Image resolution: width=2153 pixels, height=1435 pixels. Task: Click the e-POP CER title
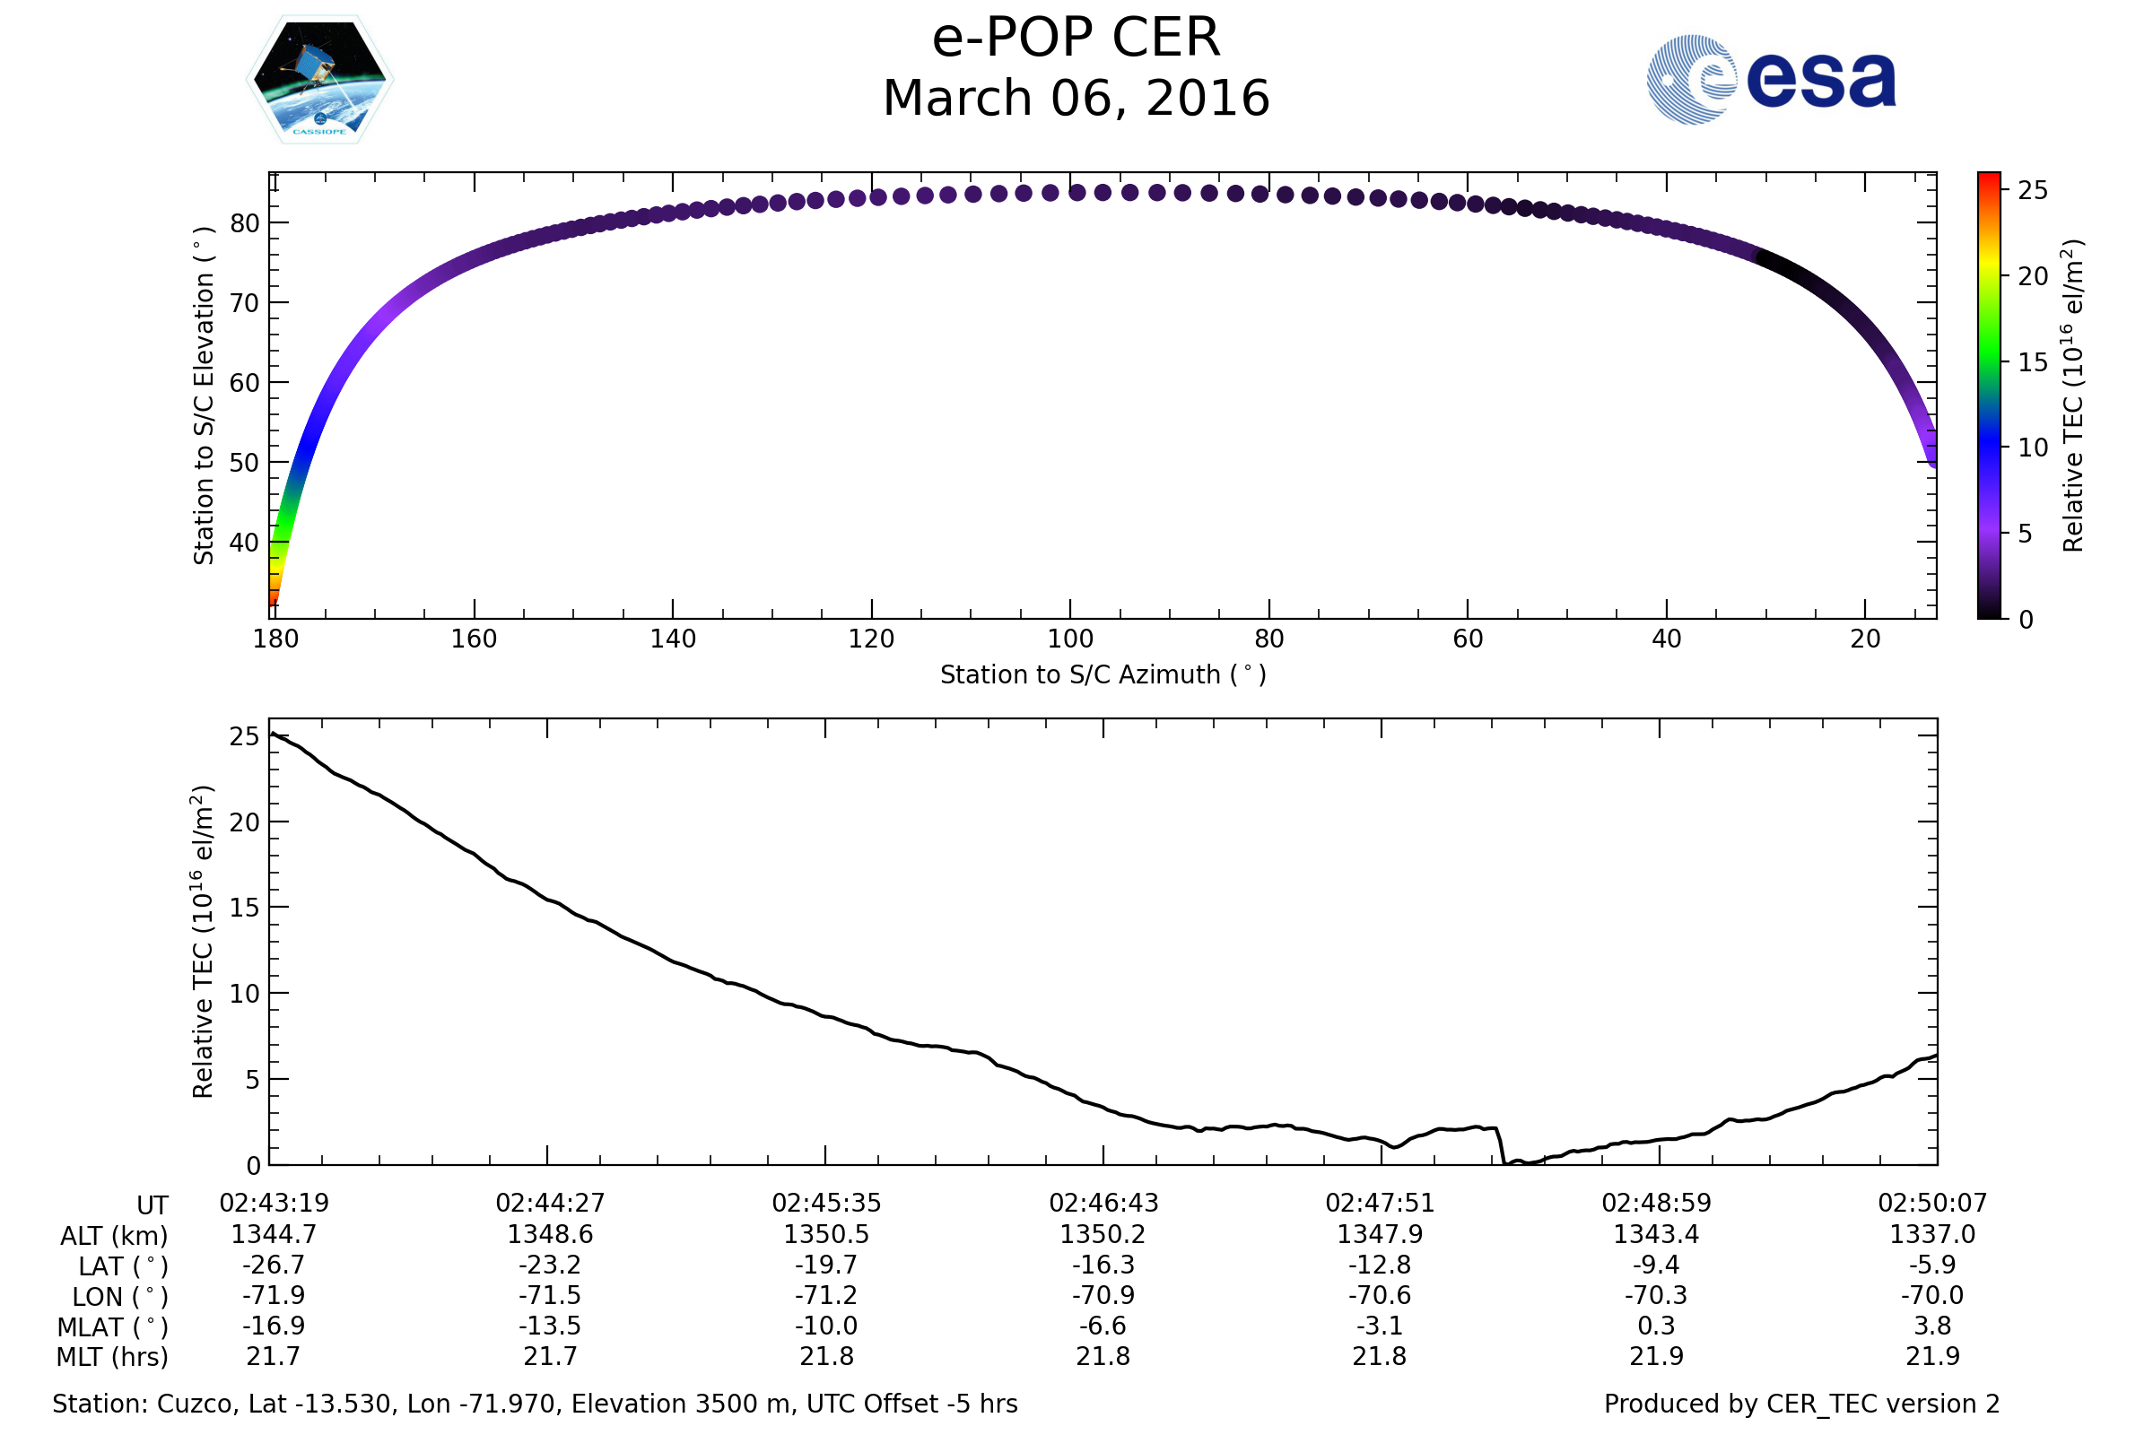tap(1076, 39)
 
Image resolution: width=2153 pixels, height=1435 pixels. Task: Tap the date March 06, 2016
tap(1076, 99)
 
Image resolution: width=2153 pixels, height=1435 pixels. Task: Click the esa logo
tap(1770, 80)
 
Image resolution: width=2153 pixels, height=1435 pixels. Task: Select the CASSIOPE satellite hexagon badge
tap(319, 80)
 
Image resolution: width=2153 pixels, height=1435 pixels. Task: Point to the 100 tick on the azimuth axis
tap(1069, 639)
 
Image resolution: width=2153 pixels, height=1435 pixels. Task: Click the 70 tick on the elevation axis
tap(244, 303)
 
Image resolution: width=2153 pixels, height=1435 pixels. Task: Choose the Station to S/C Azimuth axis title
tap(1103, 675)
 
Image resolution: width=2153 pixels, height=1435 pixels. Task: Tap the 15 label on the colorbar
tap(2033, 363)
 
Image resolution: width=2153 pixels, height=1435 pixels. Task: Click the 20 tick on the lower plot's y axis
tap(244, 822)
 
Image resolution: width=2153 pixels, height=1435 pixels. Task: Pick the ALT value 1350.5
tap(825, 1235)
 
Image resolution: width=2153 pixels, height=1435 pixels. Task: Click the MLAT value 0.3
tap(1656, 1326)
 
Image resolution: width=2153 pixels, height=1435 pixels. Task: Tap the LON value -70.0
tap(1932, 1296)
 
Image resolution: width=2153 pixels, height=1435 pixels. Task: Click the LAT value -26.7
tap(273, 1265)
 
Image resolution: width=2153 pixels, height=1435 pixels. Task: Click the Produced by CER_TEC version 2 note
tap(1801, 1404)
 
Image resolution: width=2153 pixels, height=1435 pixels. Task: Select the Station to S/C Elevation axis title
tap(204, 396)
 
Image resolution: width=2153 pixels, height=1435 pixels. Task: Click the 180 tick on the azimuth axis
tap(275, 639)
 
